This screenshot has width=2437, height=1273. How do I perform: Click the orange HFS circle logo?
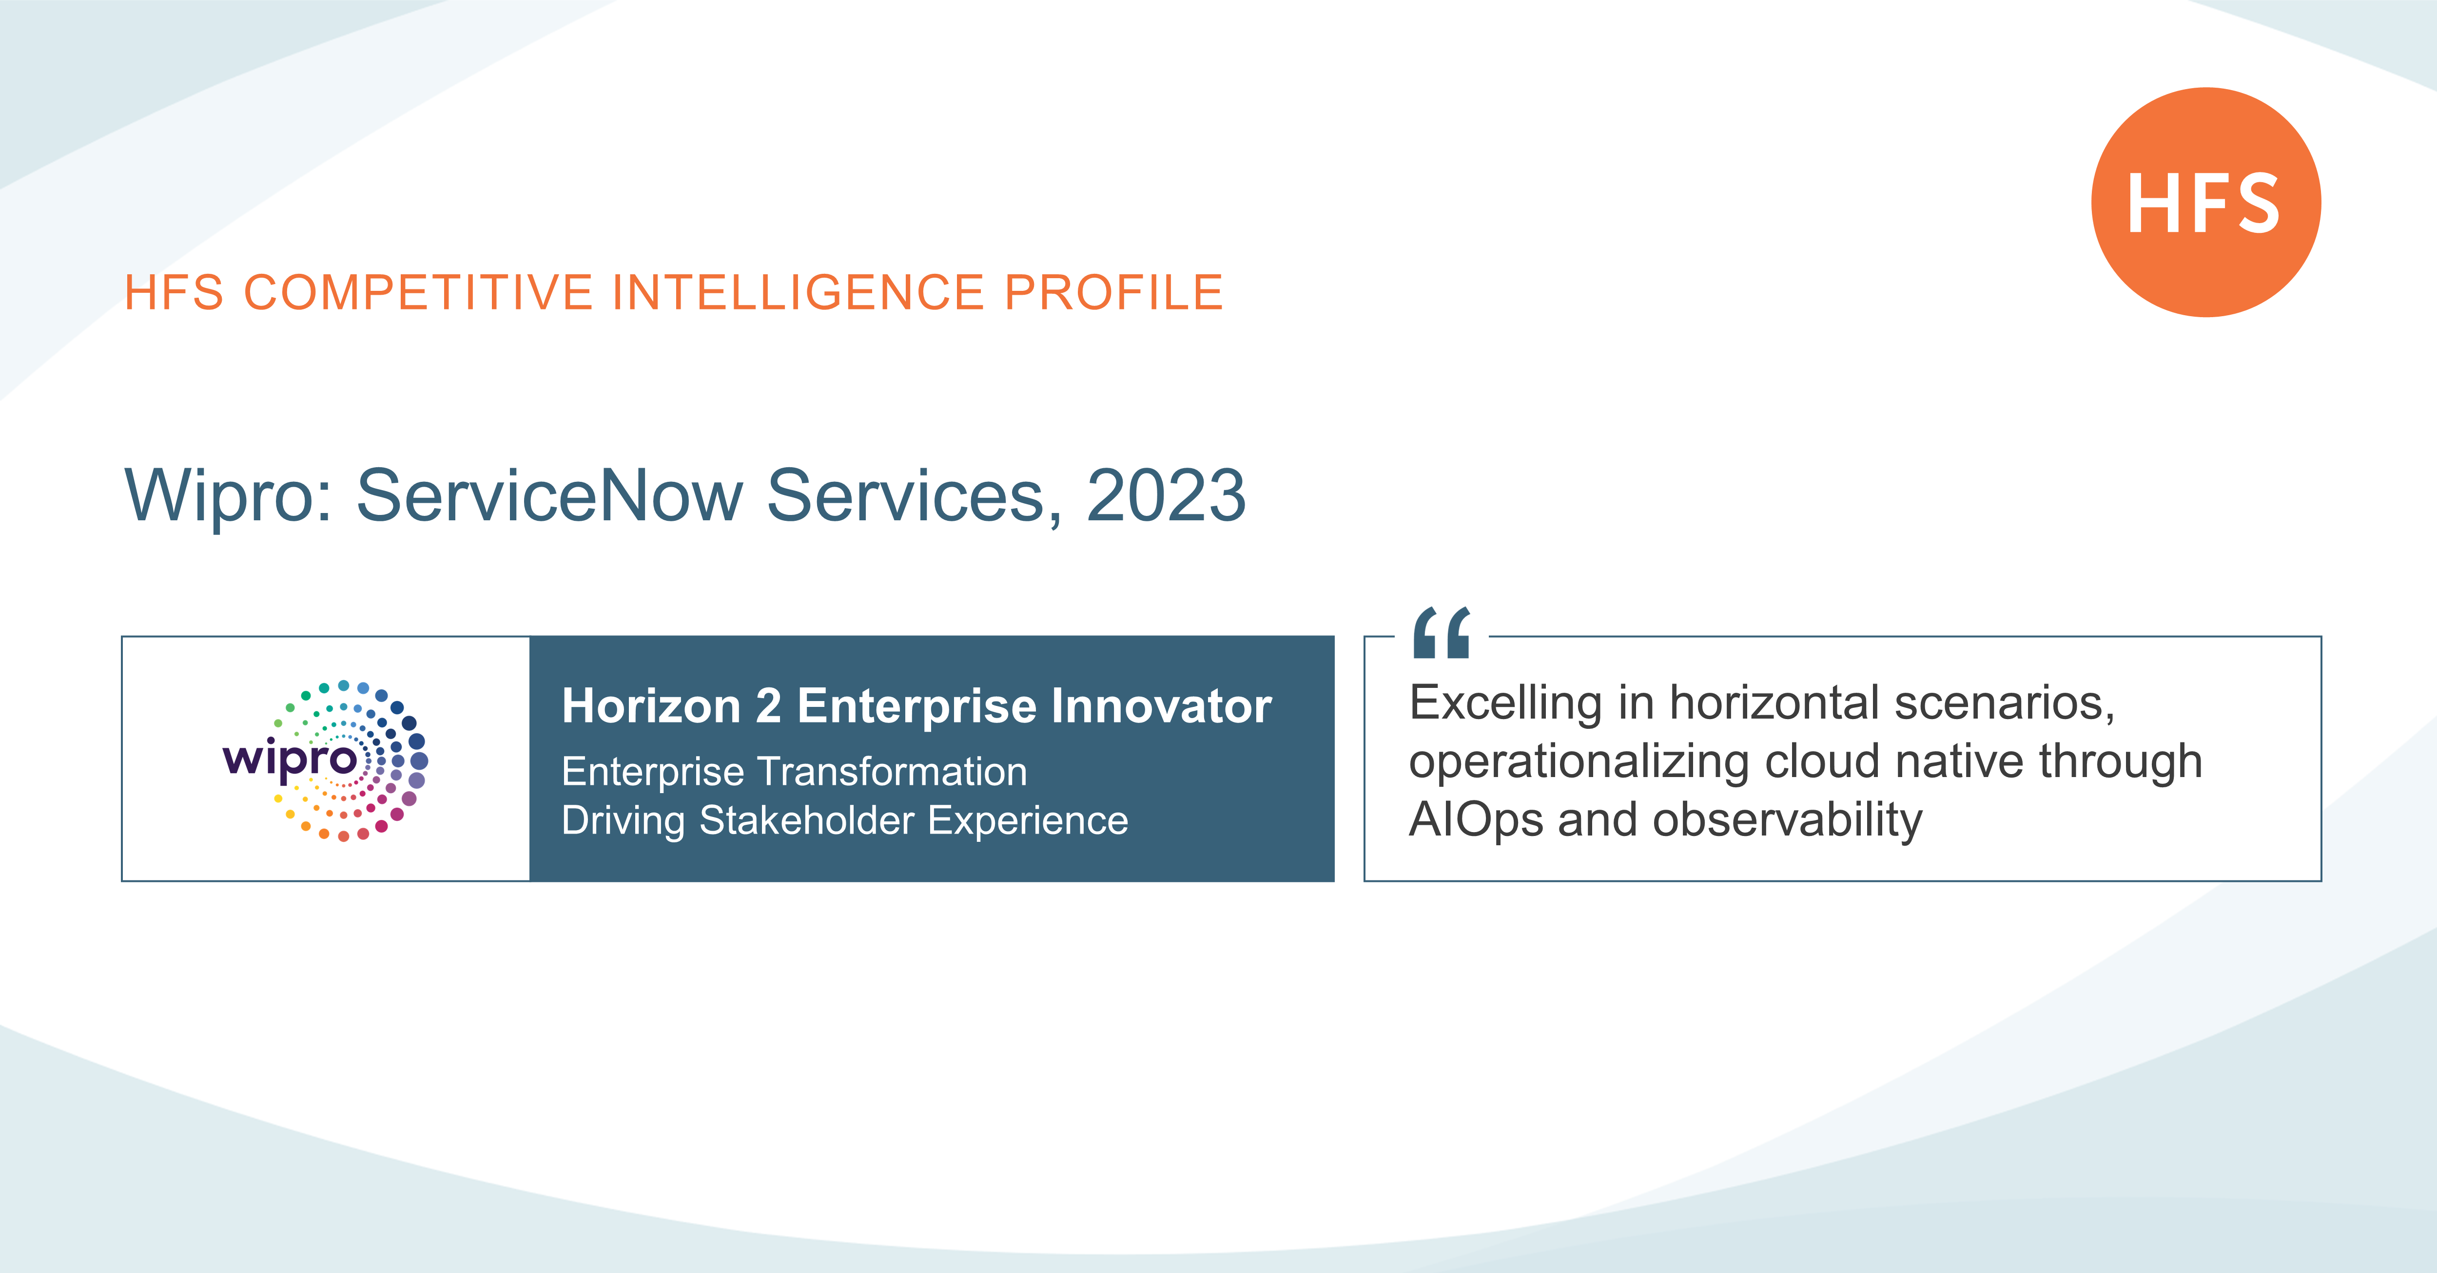click(x=2205, y=202)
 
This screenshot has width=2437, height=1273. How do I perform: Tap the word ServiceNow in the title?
click(x=549, y=495)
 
